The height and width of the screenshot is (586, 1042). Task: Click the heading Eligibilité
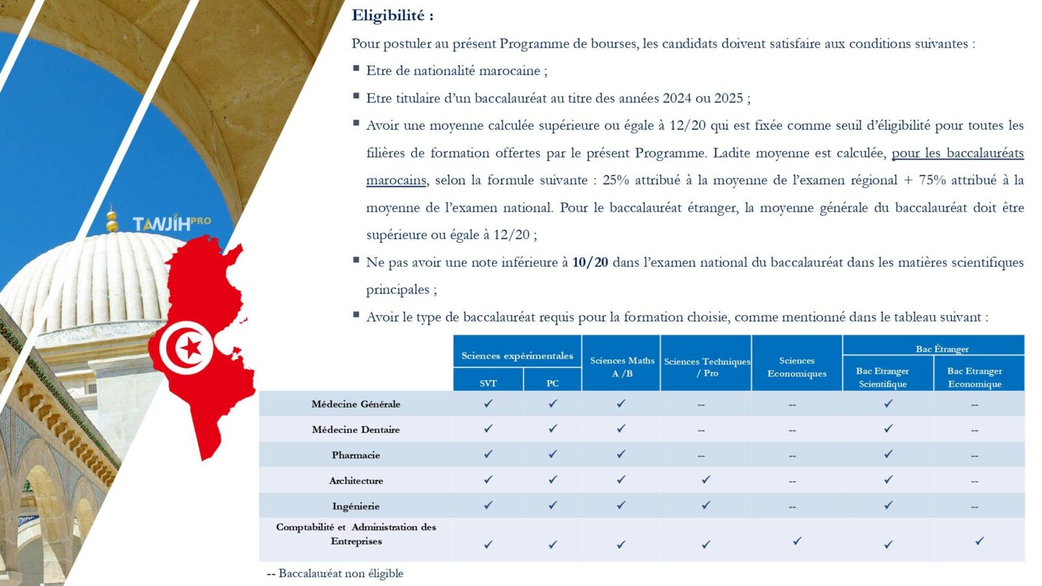coord(392,16)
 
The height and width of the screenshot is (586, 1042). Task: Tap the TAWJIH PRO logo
coord(171,223)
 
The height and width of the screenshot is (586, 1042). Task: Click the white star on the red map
coord(190,348)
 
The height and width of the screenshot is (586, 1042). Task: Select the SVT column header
coord(488,383)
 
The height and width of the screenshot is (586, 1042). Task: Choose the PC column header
coord(552,383)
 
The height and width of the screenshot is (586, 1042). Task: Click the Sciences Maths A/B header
coord(622,367)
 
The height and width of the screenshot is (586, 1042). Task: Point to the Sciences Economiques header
coord(796,367)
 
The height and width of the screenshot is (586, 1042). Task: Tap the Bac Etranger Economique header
coord(974,377)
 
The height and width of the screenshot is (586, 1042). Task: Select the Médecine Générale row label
coord(356,404)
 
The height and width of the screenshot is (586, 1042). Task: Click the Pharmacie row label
coord(356,455)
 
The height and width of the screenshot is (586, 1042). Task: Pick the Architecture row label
coord(356,481)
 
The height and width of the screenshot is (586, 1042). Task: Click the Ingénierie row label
coord(356,506)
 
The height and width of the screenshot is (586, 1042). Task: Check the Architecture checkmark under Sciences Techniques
coord(706,480)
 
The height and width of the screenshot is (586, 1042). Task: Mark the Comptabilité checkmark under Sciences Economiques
coord(796,541)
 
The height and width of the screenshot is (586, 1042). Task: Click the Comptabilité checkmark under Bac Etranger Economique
coord(979,541)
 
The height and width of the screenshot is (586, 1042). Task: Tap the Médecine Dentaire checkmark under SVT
coord(488,429)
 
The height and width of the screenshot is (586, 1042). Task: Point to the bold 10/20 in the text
coord(590,262)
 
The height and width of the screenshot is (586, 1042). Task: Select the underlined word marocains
coord(396,180)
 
